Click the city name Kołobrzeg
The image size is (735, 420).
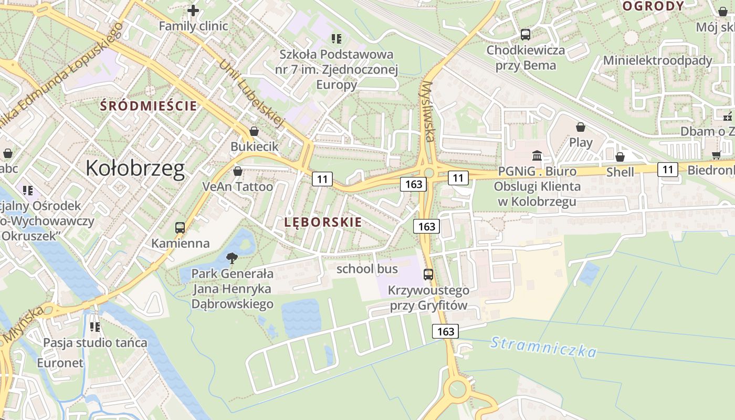pos(135,169)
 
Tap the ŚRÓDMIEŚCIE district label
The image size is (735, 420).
pos(149,106)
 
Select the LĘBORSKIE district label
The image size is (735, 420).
pos(323,222)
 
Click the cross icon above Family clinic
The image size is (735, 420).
pos(193,10)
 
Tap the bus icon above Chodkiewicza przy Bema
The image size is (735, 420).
pos(525,35)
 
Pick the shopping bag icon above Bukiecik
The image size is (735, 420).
pos(254,131)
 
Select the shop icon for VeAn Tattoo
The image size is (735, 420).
pos(237,171)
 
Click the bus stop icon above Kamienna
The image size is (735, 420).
pos(180,228)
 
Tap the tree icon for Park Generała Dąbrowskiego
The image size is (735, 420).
pos(232,258)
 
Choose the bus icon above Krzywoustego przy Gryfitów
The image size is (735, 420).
pos(428,274)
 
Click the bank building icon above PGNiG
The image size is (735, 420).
pos(537,155)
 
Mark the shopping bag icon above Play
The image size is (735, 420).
pos(581,127)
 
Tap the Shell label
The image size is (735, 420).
pos(620,172)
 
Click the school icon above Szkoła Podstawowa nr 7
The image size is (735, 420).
pos(337,38)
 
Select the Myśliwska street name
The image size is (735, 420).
pos(427,111)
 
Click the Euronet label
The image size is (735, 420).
pos(60,363)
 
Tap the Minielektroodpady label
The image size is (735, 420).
pos(657,60)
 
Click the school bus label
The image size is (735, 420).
pos(367,269)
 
